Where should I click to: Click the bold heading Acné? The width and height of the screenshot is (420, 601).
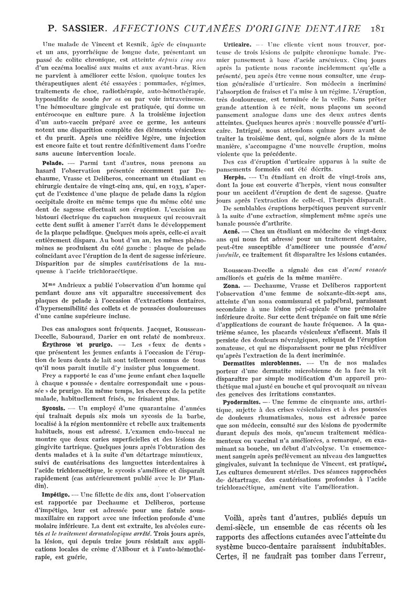pyautogui.click(x=232, y=231)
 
